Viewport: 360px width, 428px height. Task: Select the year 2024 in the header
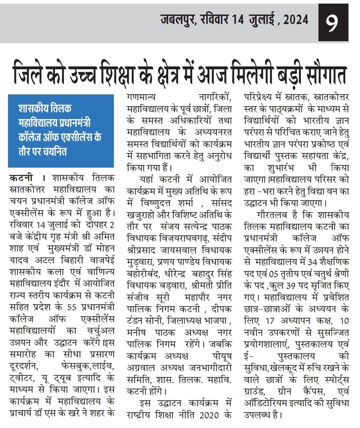[x=296, y=19]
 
